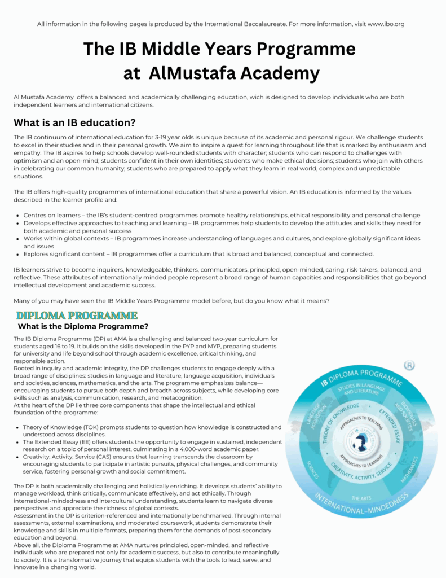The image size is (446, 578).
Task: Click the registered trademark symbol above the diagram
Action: pyautogui.click(x=409, y=365)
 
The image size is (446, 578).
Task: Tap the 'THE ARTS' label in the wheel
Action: pyautogui.click(x=361, y=498)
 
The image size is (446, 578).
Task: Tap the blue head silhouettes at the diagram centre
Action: pyautogui.click(x=360, y=444)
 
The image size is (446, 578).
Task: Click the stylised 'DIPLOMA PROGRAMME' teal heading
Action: pyautogui.click(x=77, y=315)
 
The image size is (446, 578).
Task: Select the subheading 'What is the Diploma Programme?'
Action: pyautogui.click(x=83, y=326)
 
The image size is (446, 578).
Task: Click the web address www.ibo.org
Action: pyautogui.click(x=386, y=24)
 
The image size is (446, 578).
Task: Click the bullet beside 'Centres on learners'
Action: pyautogui.click(x=17, y=216)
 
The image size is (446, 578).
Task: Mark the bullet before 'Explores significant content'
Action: pyautogui.click(x=17, y=254)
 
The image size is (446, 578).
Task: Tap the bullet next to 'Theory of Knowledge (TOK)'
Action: pyautogui.click(x=17, y=427)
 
